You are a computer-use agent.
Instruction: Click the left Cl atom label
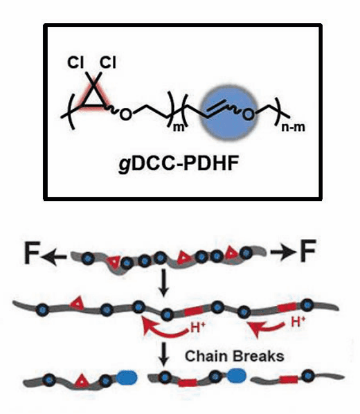[x=76, y=63]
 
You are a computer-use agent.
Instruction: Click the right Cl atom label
[x=107, y=63]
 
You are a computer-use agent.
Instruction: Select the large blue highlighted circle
[x=228, y=113]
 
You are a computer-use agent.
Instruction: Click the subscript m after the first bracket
[x=179, y=127]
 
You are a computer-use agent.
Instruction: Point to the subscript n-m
[x=294, y=127]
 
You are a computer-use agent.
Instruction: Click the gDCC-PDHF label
[x=179, y=164]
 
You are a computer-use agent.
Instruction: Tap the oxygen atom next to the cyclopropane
[x=126, y=115]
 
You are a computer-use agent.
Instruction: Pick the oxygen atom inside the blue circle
[x=248, y=115]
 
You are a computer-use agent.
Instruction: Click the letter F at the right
[x=308, y=250]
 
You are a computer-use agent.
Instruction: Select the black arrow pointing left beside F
[x=54, y=256]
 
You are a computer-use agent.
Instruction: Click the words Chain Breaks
[x=234, y=356]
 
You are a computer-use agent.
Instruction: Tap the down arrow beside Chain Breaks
[x=164, y=354]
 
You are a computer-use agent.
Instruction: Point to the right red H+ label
[x=298, y=322]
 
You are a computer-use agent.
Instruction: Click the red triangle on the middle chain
[x=78, y=304]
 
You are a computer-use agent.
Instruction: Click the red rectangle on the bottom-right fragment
[x=289, y=380]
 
